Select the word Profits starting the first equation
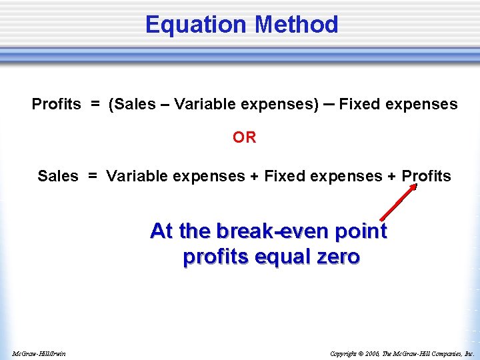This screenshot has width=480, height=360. point(56,105)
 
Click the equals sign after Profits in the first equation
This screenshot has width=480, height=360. point(96,105)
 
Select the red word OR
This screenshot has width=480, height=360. point(244,137)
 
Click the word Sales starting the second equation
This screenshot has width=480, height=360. point(58,176)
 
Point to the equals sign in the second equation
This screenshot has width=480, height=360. point(93,176)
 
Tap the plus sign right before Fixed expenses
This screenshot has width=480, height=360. point(253,176)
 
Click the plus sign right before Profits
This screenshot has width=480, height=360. point(391,176)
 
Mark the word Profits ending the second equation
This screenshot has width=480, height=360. point(426,176)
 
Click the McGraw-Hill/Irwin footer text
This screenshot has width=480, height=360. point(38,353)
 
